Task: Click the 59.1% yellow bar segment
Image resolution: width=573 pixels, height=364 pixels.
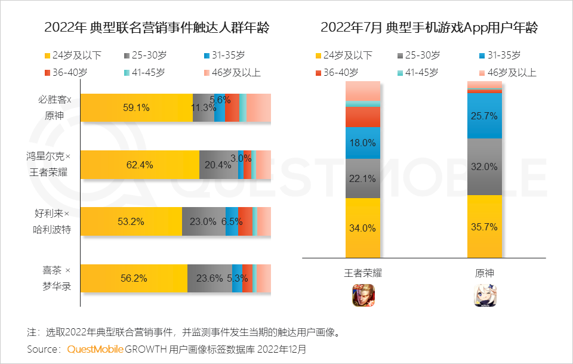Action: (137, 108)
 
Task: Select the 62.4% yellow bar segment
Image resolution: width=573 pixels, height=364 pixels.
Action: (140, 165)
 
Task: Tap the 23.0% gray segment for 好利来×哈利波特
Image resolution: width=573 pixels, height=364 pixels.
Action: (204, 221)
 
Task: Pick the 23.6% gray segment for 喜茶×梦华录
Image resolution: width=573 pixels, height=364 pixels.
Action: (210, 278)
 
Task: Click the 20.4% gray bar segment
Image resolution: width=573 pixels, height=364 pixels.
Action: (218, 165)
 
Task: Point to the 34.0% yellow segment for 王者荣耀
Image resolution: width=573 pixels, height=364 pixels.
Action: (363, 227)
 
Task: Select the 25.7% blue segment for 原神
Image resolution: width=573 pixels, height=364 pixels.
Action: (485, 116)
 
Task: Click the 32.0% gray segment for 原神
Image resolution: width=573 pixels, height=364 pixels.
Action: (485, 167)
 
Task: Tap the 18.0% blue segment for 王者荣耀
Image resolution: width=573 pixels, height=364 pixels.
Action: (363, 143)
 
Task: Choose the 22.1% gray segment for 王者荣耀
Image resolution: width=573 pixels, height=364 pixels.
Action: (363, 178)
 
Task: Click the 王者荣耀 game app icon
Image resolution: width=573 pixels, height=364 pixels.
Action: (363, 295)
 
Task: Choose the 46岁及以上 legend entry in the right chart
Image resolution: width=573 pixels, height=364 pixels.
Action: (506, 73)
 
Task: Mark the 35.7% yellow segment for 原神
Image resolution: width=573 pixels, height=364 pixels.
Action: (485, 227)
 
